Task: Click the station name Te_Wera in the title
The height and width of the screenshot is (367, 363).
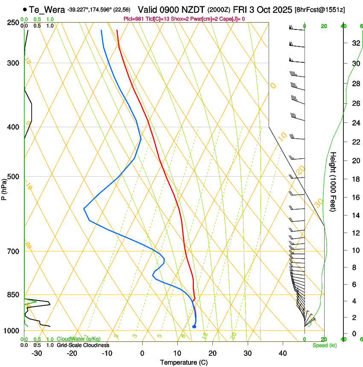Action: coord(47,9)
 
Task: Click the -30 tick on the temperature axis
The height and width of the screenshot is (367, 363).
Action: coord(37,353)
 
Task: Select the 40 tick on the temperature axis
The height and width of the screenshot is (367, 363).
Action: coord(283,353)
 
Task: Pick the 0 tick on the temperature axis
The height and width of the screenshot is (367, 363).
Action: coord(142,353)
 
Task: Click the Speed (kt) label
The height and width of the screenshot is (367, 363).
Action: coord(324,345)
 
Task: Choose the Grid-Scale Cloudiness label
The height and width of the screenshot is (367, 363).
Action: coord(83,345)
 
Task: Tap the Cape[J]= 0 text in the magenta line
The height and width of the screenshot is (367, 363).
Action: coord(231,19)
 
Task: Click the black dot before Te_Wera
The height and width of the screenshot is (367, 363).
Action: coord(25,9)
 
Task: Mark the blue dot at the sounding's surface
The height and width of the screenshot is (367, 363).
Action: coord(194,327)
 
